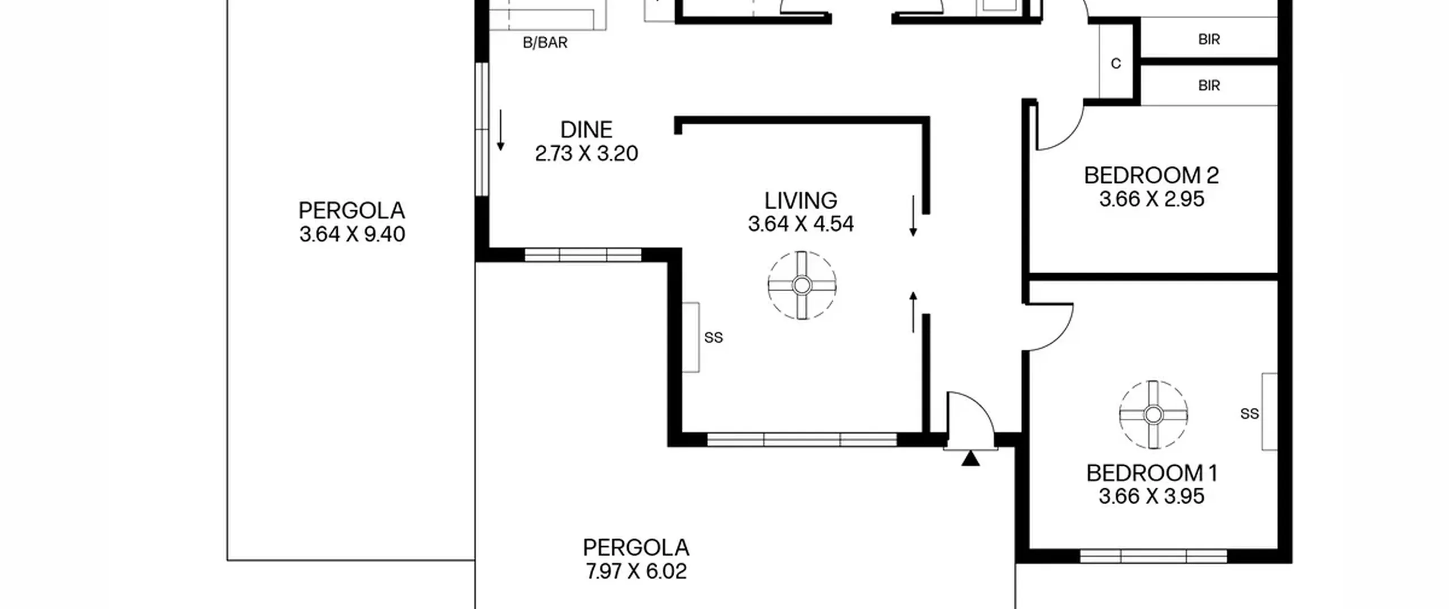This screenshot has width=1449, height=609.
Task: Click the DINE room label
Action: coord(586,130)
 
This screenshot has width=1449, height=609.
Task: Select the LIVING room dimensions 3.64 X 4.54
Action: coord(800,224)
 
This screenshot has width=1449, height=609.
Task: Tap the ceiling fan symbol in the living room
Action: coord(801,286)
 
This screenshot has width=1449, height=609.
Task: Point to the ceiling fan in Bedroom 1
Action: coord(1153,415)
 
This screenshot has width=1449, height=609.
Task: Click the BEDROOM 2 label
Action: coord(1151,176)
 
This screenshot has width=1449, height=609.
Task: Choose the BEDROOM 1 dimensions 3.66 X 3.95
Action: coord(1151,497)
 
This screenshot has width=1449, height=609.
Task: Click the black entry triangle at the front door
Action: coord(970,458)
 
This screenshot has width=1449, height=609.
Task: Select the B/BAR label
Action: coord(545,43)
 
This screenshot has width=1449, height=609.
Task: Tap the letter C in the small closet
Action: coord(1116,63)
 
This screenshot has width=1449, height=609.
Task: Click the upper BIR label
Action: coord(1209,40)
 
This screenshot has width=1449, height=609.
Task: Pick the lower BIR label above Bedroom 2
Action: coord(1209,86)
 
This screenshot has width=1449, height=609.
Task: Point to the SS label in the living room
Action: coord(713,338)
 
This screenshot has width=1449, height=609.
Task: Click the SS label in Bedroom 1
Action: coord(1249,414)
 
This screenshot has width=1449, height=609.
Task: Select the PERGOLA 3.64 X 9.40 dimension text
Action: coord(352,234)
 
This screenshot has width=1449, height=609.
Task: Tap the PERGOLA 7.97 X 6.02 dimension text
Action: coord(636,571)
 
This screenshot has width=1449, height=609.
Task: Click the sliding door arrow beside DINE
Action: coord(500,130)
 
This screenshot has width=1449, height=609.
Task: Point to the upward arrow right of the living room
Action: coord(913,312)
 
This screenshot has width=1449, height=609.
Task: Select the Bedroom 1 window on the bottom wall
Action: coord(1154,556)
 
